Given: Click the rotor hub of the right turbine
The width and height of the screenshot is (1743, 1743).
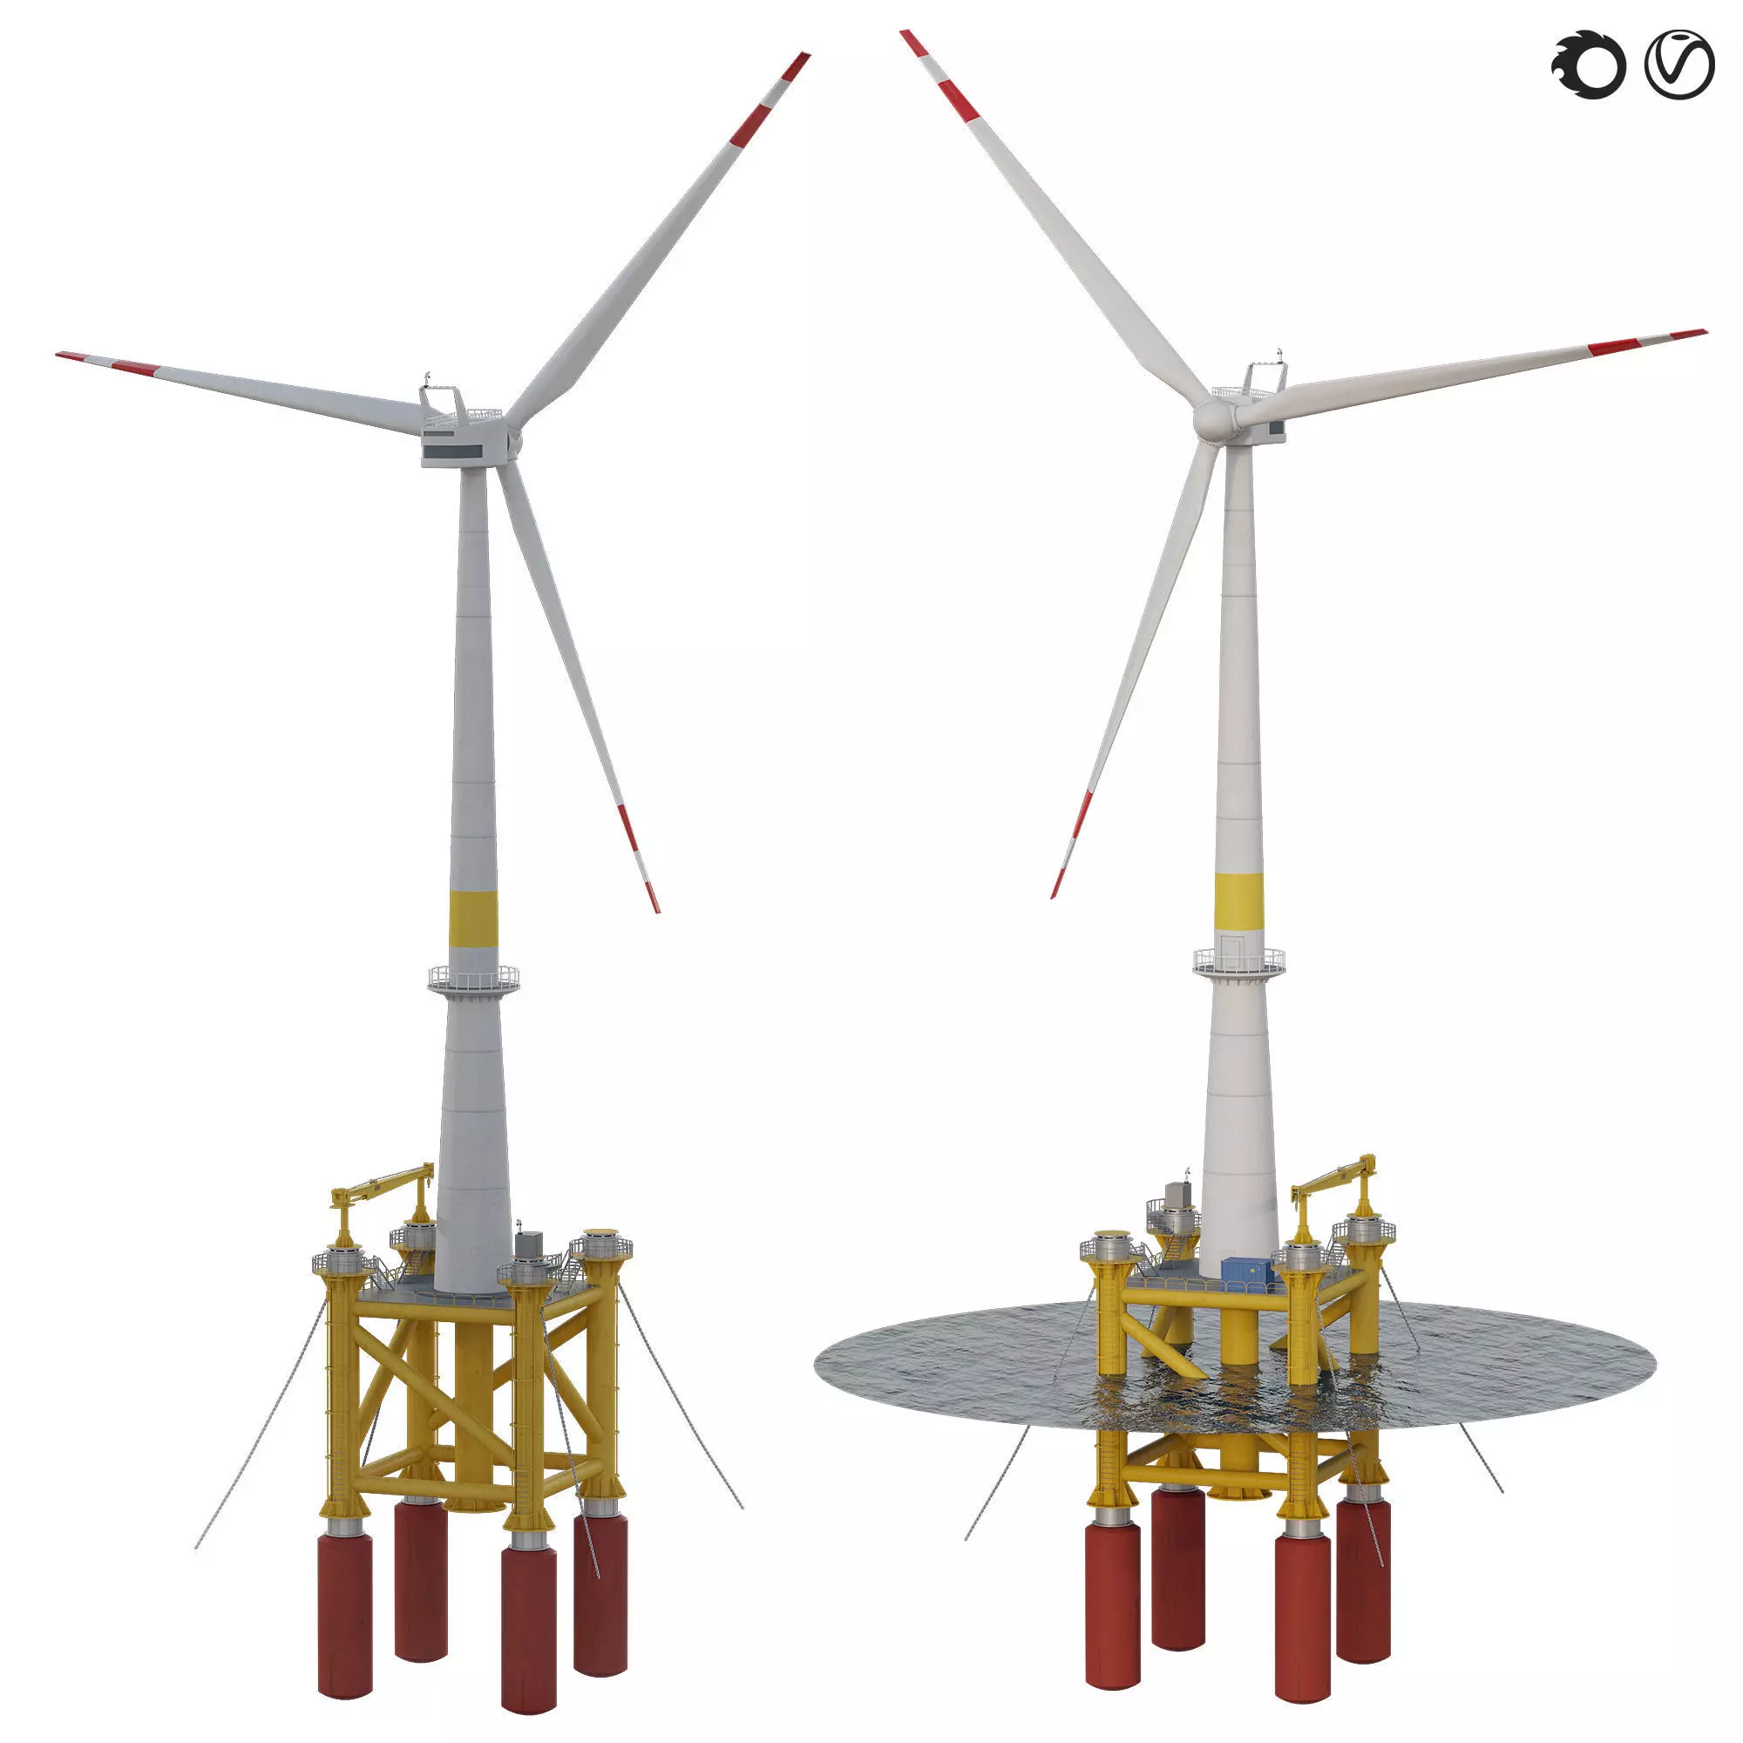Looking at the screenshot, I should [1213, 418].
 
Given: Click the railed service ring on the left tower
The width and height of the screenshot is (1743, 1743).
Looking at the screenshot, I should [473, 977].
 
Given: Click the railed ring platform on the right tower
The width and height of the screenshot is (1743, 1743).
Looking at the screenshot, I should [1238, 962].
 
